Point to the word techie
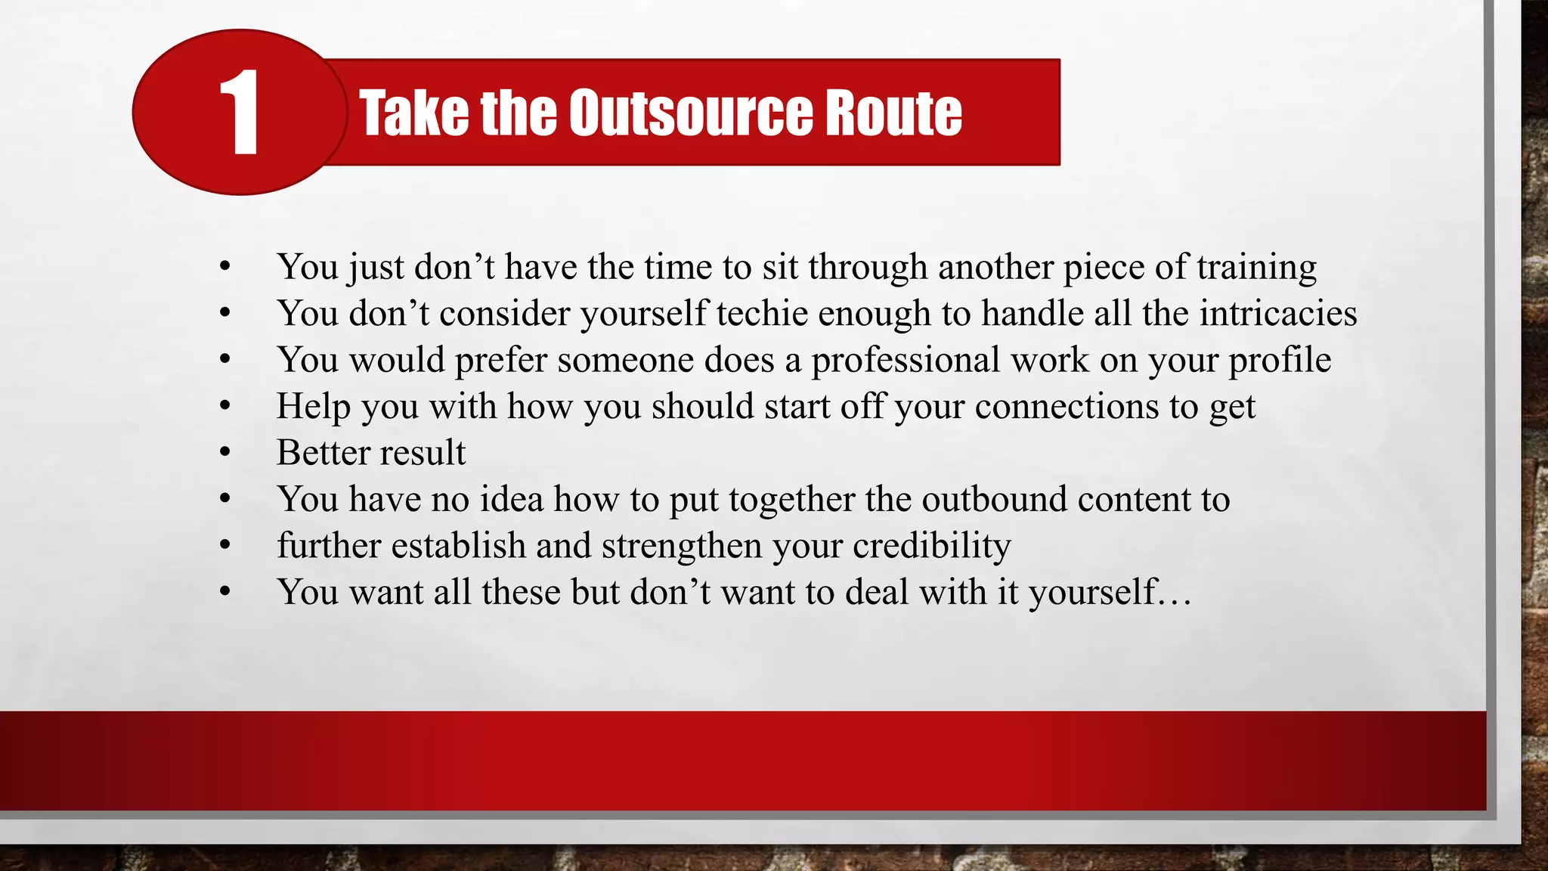(762, 314)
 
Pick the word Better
(323, 453)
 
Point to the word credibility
(931, 546)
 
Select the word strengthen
(682, 546)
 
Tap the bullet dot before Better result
(224, 453)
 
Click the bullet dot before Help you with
(224, 407)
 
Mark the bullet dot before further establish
(224, 546)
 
